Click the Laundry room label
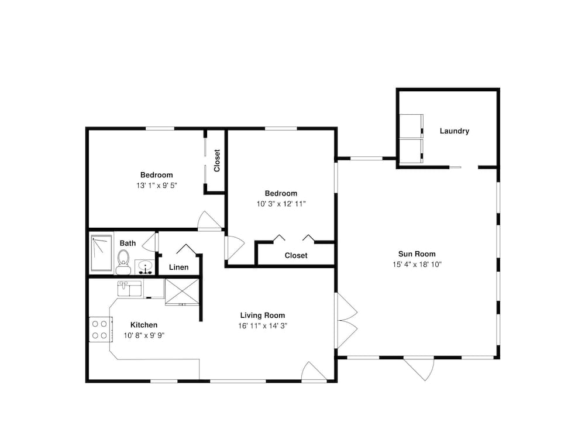tap(454, 131)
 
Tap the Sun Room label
tap(417, 254)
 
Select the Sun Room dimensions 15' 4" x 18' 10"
tap(417, 265)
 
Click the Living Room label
tap(262, 315)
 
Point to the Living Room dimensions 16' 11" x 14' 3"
tap(262, 326)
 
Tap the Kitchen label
tap(144, 325)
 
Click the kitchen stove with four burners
tap(100, 329)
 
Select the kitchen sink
tap(129, 288)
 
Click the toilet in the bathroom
tap(123, 262)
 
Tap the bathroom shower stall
tap(101, 253)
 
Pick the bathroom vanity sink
tap(144, 267)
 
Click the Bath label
tap(128, 243)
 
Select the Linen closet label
tap(178, 267)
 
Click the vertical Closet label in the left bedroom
tap(217, 160)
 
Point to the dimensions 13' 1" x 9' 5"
tap(156, 186)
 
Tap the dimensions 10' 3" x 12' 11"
tap(281, 204)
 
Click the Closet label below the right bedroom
tap(296, 255)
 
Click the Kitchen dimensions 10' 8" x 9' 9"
tap(144, 335)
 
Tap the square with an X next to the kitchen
tap(182, 291)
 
